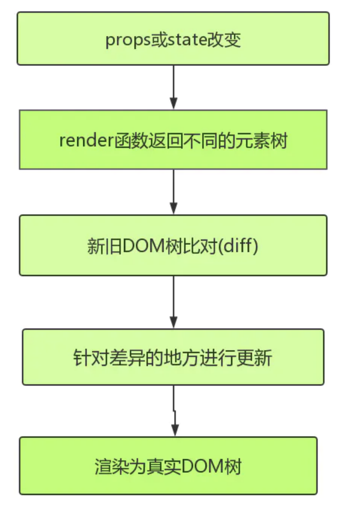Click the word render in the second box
86,141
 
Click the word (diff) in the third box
240,246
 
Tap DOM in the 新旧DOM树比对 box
143,246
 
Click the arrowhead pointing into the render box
174,103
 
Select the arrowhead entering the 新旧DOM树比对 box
174,208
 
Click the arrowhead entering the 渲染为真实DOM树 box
175,430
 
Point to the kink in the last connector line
174,411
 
